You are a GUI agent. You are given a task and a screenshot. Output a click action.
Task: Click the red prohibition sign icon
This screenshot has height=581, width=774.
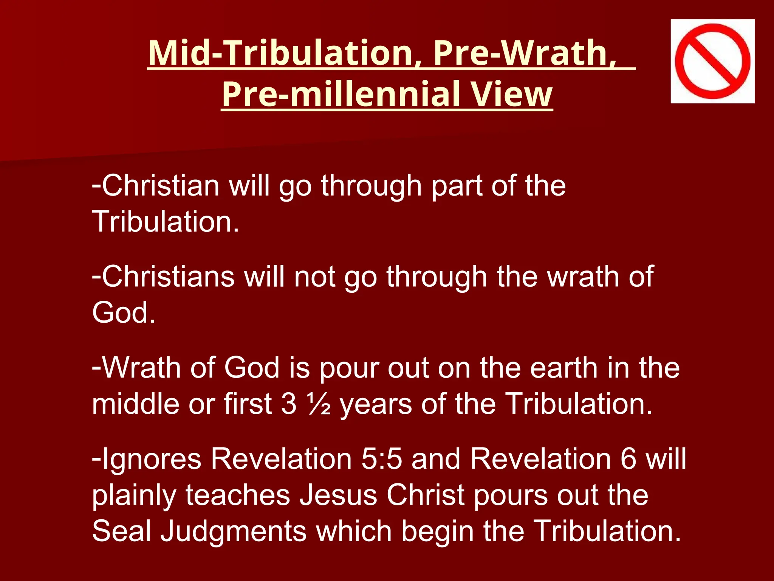click(x=712, y=61)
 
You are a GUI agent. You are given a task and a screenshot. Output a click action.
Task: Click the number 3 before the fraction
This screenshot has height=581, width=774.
click(x=289, y=404)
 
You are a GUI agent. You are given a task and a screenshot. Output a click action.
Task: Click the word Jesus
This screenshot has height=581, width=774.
click(x=338, y=495)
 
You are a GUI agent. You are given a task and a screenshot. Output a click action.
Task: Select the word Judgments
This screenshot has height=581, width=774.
click(x=233, y=531)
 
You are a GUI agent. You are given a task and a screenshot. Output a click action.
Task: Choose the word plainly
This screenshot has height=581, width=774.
click(x=134, y=496)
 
